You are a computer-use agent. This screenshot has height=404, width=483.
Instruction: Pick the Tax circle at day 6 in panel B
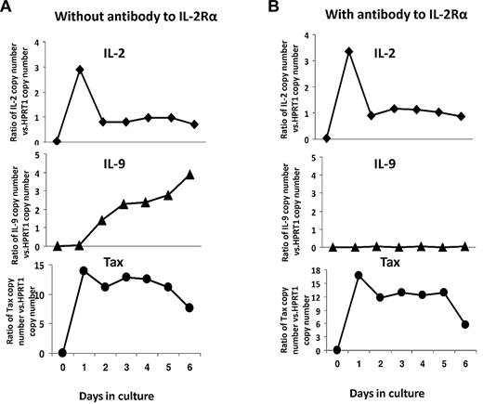460,325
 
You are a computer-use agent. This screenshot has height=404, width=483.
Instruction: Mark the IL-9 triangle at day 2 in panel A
103,221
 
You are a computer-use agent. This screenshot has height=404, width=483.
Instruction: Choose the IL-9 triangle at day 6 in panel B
460,246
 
